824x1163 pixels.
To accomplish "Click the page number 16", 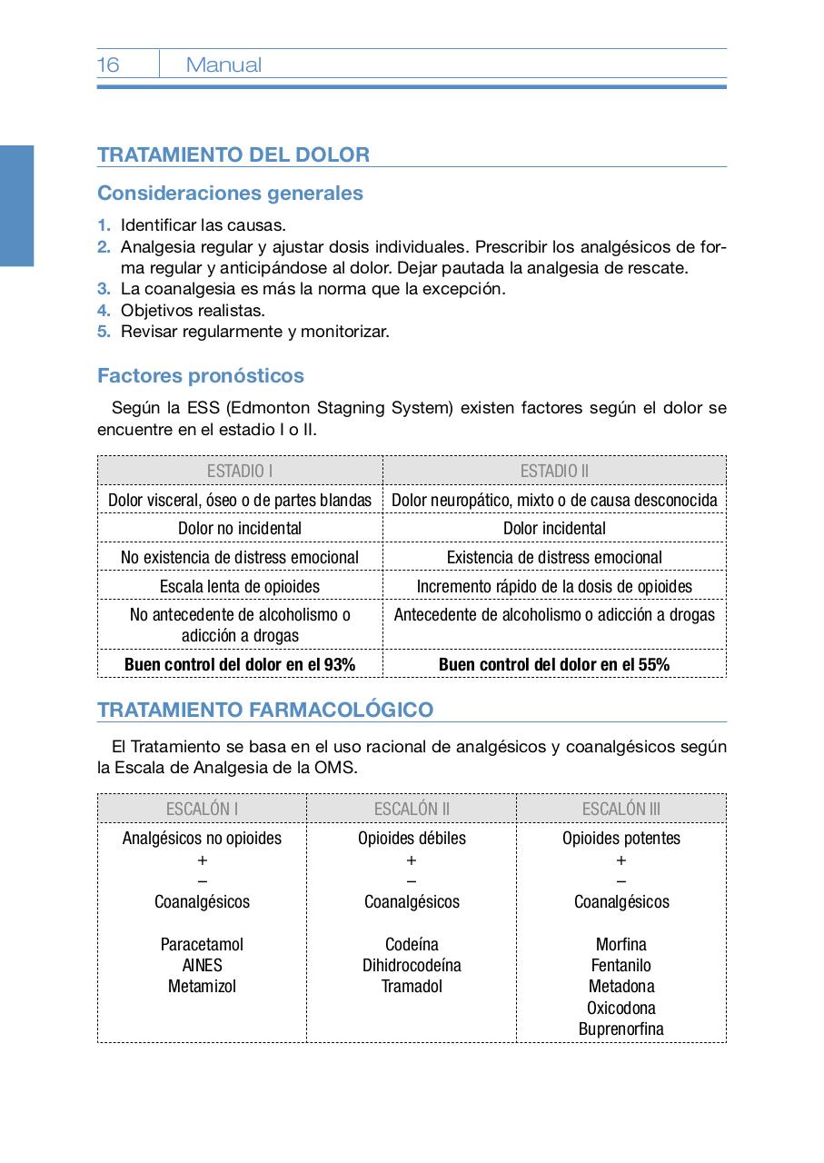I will (108, 65).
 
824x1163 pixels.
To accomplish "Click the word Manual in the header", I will (223, 65).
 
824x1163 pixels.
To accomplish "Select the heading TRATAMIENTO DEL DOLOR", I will (233, 154).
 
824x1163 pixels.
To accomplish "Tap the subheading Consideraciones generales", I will (230, 193).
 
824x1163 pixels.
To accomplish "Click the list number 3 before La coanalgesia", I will (104, 289).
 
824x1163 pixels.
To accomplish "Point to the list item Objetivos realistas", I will (193, 311).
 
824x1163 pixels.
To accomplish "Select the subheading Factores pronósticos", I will (201, 375).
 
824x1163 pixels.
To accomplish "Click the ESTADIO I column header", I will (240, 471).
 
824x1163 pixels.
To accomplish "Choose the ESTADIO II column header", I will (554, 471).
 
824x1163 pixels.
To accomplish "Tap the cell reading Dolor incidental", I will (554, 528).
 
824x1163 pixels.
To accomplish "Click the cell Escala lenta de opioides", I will (240, 586).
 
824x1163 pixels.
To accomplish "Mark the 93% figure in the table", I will (339, 664).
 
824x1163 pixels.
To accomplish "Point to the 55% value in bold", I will (653, 664).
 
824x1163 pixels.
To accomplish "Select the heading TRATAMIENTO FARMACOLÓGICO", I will (265, 710).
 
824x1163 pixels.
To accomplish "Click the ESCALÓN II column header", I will (412, 809).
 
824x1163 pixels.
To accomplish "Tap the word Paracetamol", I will (202, 944).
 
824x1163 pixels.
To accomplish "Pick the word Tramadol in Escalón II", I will (412, 986).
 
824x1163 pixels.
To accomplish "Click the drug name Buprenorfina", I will (621, 1029).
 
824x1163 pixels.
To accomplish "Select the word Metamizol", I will (202, 986).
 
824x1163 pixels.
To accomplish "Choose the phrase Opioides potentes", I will (621, 838).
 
